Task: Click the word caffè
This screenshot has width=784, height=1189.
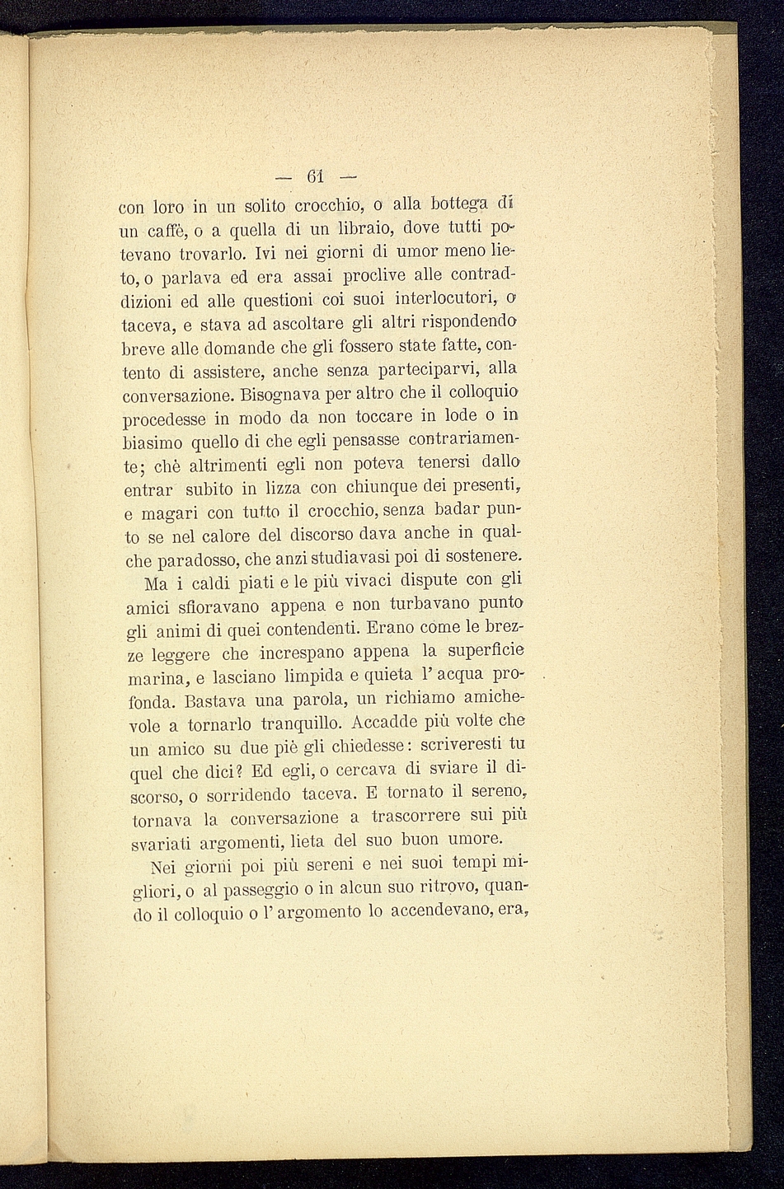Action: click(x=171, y=227)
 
